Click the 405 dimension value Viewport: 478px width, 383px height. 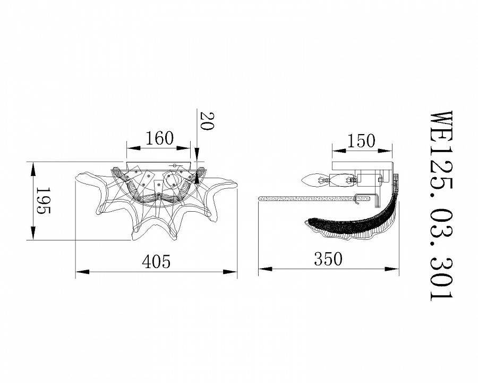pos(156,261)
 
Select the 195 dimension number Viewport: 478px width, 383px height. pos(43,201)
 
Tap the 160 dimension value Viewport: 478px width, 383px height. pos(159,138)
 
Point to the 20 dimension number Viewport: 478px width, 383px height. pos(207,121)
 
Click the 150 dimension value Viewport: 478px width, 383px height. pos(361,141)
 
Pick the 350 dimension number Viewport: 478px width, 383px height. pos(328,259)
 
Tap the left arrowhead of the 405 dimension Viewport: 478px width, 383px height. pos(82,271)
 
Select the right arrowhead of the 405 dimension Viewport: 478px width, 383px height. pos(230,271)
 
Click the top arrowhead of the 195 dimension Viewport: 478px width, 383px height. pos(33,169)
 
